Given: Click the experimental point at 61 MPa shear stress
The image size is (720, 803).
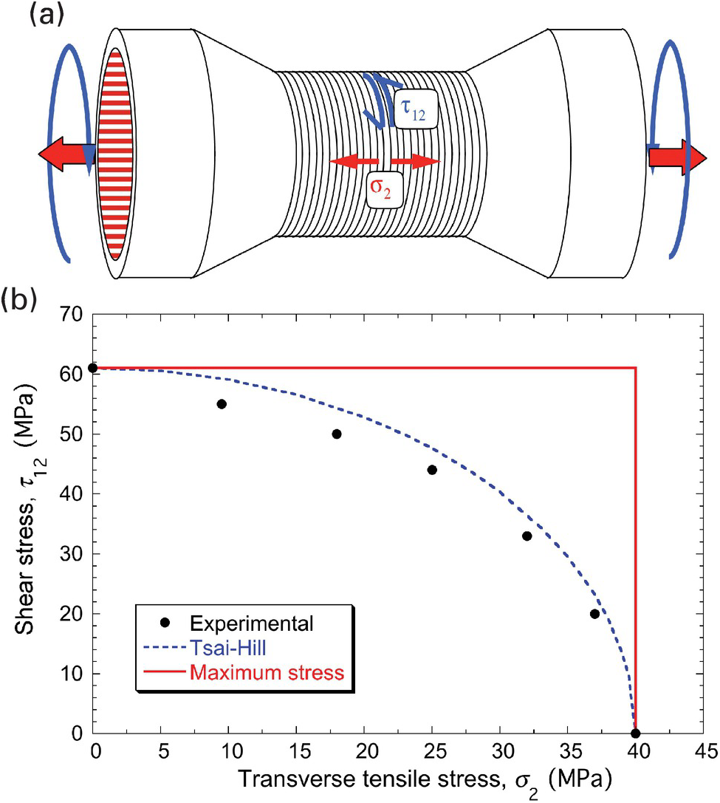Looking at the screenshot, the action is [x=93, y=368].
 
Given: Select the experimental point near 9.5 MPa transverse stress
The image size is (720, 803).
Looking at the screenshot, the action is [x=222, y=404].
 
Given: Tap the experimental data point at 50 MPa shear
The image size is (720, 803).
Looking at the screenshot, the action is [x=337, y=434].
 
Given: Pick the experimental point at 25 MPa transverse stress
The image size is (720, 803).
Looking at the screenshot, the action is [x=432, y=470].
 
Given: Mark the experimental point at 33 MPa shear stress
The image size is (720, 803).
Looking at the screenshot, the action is [x=527, y=536].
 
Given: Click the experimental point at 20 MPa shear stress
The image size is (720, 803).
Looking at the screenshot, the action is [x=594, y=614].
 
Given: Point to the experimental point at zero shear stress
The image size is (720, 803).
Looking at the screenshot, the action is [x=636, y=734].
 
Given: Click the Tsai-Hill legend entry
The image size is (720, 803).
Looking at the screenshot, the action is [x=228, y=648].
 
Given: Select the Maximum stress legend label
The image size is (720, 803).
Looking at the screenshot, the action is [x=267, y=672].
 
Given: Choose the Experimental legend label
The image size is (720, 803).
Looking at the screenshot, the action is [x=251, y=623].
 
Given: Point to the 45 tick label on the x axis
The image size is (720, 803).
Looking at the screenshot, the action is [x=705, y=751].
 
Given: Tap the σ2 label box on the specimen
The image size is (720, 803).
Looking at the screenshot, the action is [x=384, y=189].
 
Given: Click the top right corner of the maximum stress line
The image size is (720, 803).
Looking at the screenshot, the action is [x=636, y=368].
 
